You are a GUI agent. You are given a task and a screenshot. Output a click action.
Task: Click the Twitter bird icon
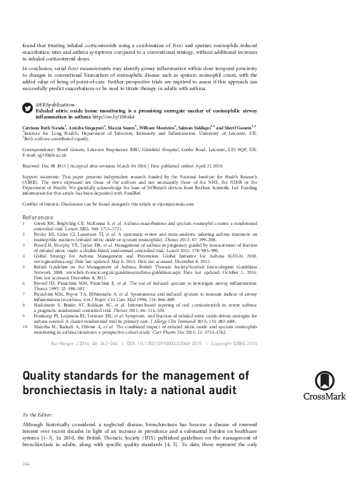coord(27,107)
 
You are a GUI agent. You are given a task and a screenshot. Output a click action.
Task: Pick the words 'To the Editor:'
coord(37,416)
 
